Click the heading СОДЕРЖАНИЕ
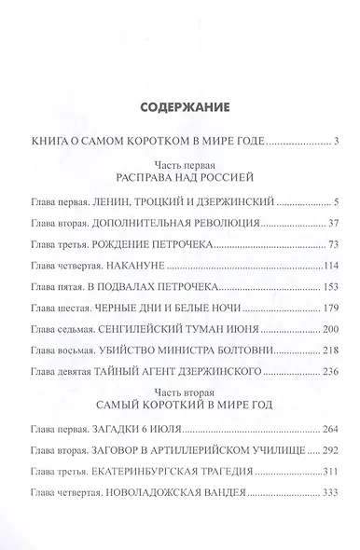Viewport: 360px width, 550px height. [x=179, y=106]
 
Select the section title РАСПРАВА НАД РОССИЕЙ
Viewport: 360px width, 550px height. [x=180, y=176]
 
